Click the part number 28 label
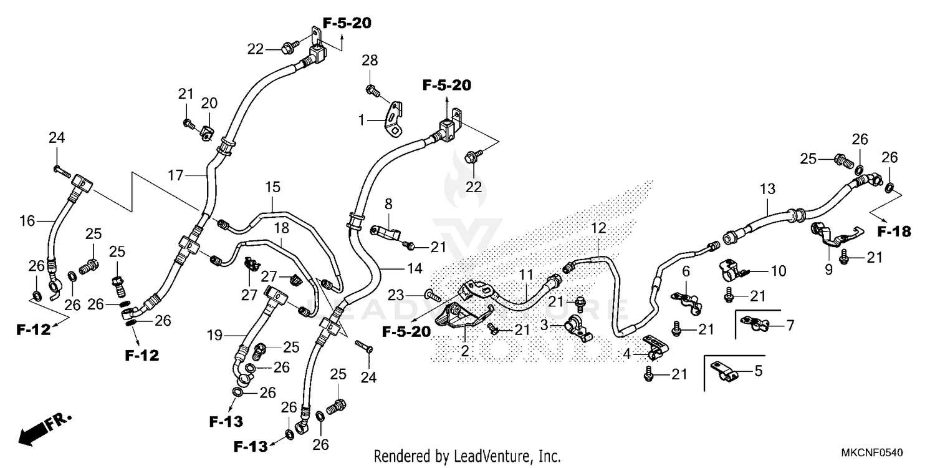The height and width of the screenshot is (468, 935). click(370, 61)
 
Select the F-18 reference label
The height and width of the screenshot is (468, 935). click(894, 232)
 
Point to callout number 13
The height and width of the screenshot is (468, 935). click(767, 188)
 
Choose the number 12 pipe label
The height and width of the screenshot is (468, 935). click(598, 228)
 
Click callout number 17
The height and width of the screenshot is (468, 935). click(175, 176)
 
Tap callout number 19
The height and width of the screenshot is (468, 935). click(214, 336)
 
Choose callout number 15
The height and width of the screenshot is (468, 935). click(272, 187)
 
